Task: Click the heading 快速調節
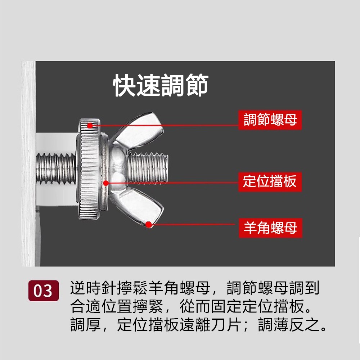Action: (161, 85)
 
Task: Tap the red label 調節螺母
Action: (270, 120)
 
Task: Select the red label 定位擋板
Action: (270, 181)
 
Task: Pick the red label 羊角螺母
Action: (270, 228)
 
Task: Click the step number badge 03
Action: (44, 291)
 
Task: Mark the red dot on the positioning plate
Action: (106, 183)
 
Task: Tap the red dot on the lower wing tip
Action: (149, 224)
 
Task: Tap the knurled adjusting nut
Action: (90, 170)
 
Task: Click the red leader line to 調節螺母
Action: (164, 126)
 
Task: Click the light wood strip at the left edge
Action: (29, 163)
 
